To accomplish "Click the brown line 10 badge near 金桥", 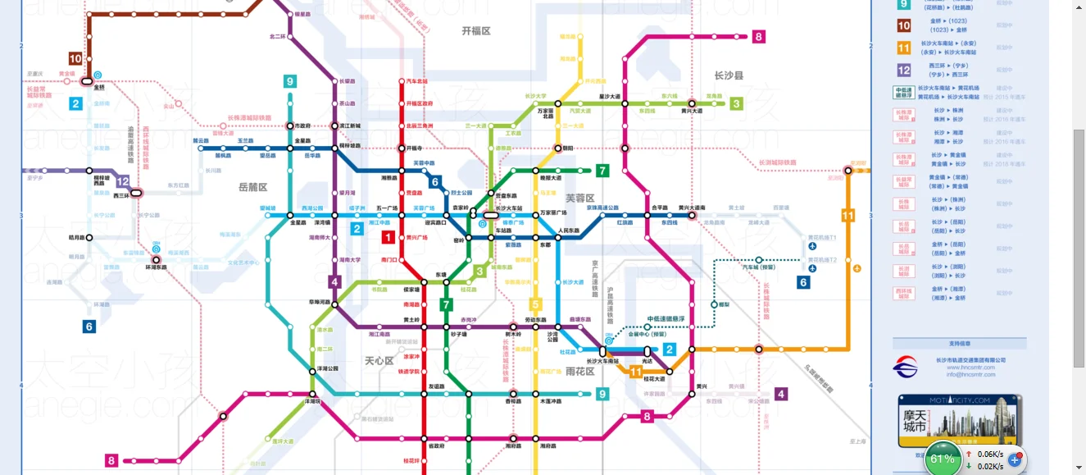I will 75,58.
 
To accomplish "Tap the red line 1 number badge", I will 389,238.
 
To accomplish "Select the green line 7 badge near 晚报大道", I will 602,171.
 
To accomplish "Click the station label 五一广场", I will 386,208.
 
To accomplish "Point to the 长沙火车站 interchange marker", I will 490,215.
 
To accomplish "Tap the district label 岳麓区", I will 252,187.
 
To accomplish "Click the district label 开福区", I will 475,30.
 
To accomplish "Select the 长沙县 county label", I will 728,75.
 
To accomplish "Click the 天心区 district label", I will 379,360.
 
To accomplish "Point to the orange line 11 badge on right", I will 847,216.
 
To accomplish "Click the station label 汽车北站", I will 416,81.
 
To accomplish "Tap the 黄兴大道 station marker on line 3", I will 692,103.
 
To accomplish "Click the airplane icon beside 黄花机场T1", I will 812,245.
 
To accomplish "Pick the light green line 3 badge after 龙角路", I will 736,103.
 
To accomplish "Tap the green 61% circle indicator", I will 943,459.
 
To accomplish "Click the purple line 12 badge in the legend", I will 903,71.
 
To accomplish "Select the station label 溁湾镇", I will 323,222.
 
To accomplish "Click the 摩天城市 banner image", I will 958,421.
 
